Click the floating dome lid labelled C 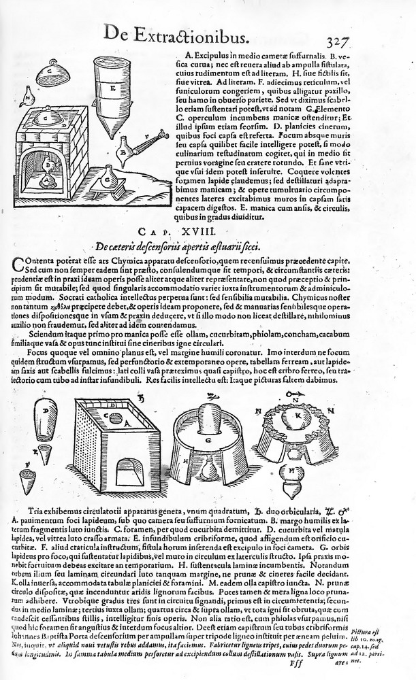(48, 72)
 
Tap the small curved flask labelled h (28, 97)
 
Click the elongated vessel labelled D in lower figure (46, 422)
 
